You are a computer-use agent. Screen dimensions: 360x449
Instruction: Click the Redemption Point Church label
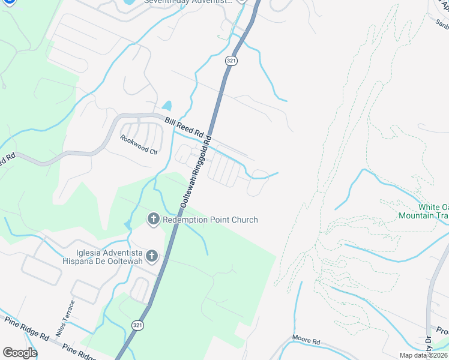tap(210, 220)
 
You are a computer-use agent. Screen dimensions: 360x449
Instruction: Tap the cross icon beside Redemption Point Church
tap(153, 220)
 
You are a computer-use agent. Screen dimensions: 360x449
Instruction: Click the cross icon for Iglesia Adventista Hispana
tap(152, 257)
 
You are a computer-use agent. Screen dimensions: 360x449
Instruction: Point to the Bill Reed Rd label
tap(184, 127)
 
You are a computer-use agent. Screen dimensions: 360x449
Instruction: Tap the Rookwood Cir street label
tap(138, 145)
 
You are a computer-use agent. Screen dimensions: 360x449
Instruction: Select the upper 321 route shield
tap(231, 61)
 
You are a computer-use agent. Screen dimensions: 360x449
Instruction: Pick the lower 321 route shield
tap(138, 325)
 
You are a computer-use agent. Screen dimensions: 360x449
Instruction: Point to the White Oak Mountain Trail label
tap(424, 211)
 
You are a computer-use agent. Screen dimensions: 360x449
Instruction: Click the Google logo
tap(20, 353)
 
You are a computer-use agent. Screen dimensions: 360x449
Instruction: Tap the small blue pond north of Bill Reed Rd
tap(167, 106)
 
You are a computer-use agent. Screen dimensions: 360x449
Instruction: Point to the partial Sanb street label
tap(442, 25)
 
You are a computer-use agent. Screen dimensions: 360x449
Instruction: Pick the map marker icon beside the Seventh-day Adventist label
tap(241, 2)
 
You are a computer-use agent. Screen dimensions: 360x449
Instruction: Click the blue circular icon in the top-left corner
tap(8, 2)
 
